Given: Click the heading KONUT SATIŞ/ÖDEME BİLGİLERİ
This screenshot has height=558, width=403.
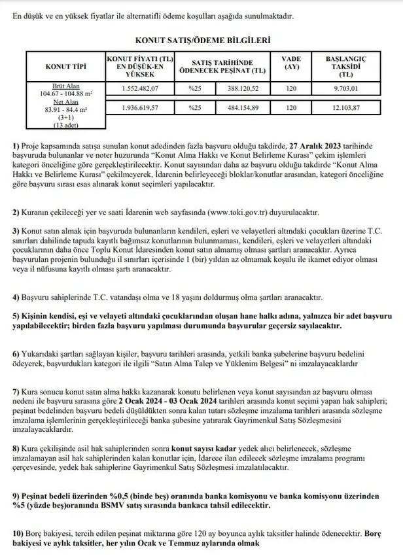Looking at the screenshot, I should [x=201, y=40].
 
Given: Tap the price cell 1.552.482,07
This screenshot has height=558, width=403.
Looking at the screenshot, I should [x=141, y=88].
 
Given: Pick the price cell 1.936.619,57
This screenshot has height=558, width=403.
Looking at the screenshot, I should [x=141, y=107].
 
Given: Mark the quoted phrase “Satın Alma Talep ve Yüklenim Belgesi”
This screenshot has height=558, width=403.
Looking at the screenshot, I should [x=252, y=361].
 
